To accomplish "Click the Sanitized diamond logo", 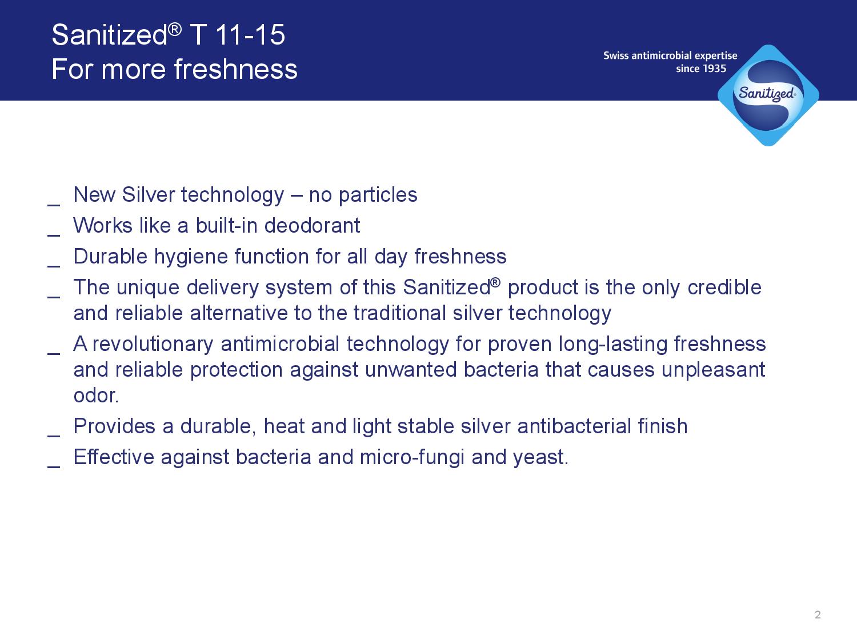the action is pos(768,95).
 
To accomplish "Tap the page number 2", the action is pos(818,615).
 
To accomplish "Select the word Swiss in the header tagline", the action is pos(616,55).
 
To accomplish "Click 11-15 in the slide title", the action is pos(250,35).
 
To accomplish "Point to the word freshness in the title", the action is pos(236,69).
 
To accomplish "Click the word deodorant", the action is pos(312,226).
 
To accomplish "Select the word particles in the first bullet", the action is pos(378,195).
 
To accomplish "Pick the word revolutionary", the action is pos(153,344).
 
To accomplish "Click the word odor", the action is pos(96,396).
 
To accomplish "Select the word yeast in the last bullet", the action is pos(540,457).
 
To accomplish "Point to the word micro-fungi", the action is pos(412,457).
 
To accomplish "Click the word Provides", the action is pos(114,426).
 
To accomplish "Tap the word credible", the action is pos(724,287).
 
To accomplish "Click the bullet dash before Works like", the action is pos(54,235).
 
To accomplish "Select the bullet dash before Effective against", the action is pos(54,467).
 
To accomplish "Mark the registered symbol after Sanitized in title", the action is pos(175,29).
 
